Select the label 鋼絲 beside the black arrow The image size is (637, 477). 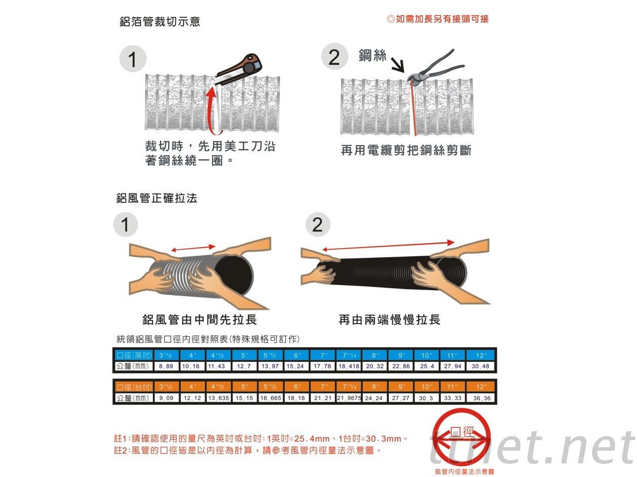tap(372, 55)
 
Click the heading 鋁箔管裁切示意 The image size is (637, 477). tap(159, 22)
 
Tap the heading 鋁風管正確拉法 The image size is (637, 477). tap(156, 198)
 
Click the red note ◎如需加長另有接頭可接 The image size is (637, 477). tap(438, 19)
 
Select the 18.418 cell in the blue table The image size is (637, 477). tap(349, 366)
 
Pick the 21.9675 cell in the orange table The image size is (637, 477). tap(349, 398)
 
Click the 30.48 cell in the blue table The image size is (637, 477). tap(480, 366)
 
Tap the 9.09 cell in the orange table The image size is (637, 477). tap(166, 398)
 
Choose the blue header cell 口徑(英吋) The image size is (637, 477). tap(134, 355)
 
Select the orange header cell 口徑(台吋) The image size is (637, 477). tap(134, 387)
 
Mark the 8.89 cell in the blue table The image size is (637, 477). tap(166, 366)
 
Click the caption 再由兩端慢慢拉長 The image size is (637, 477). tap(390, 320)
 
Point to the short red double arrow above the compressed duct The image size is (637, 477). tap(193, 248)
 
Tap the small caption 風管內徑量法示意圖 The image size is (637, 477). tap(464, 471)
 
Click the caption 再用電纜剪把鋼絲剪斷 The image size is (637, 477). tap(406, 150)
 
